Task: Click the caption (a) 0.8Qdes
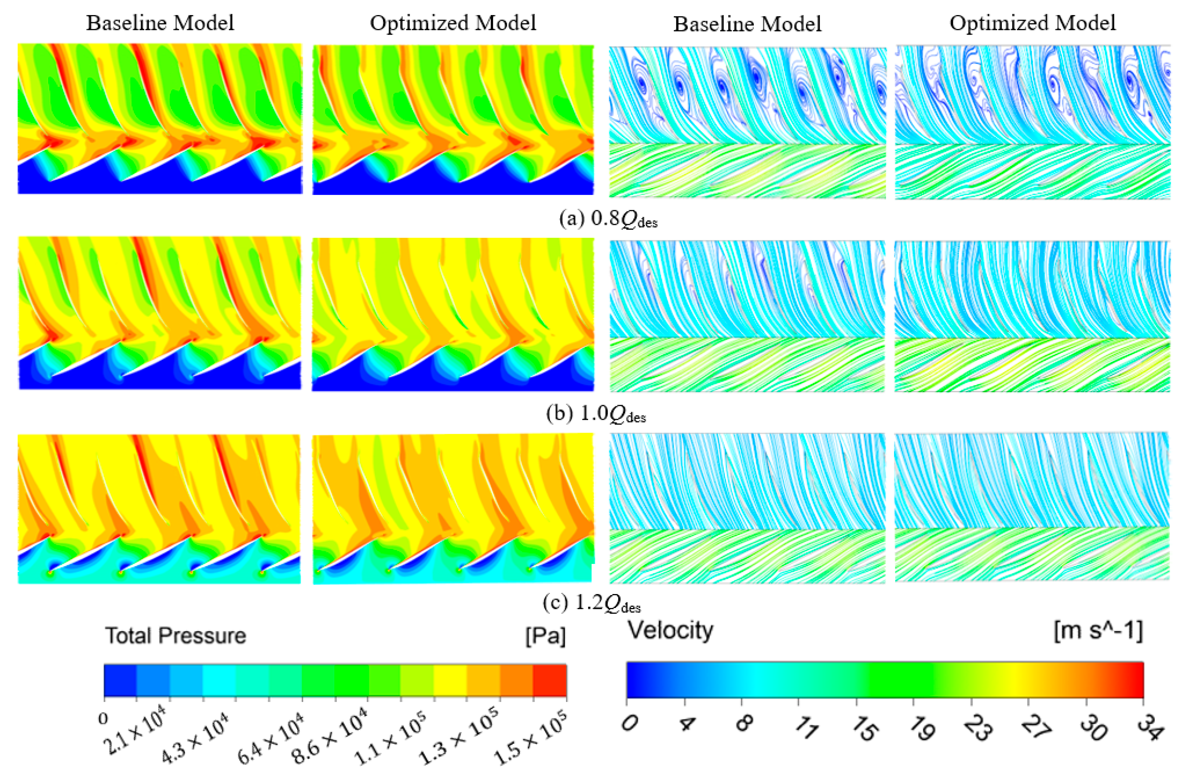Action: [x=608, y=219]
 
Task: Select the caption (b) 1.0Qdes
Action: [x=596, y=414]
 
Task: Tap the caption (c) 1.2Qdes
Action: [x=591, y=604]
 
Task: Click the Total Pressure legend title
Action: [x=175, y=636]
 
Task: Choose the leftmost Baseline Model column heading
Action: [x=160, y=23]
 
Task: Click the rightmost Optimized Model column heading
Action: [x=1033, y=23]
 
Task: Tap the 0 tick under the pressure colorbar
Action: [x=103, y=718]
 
